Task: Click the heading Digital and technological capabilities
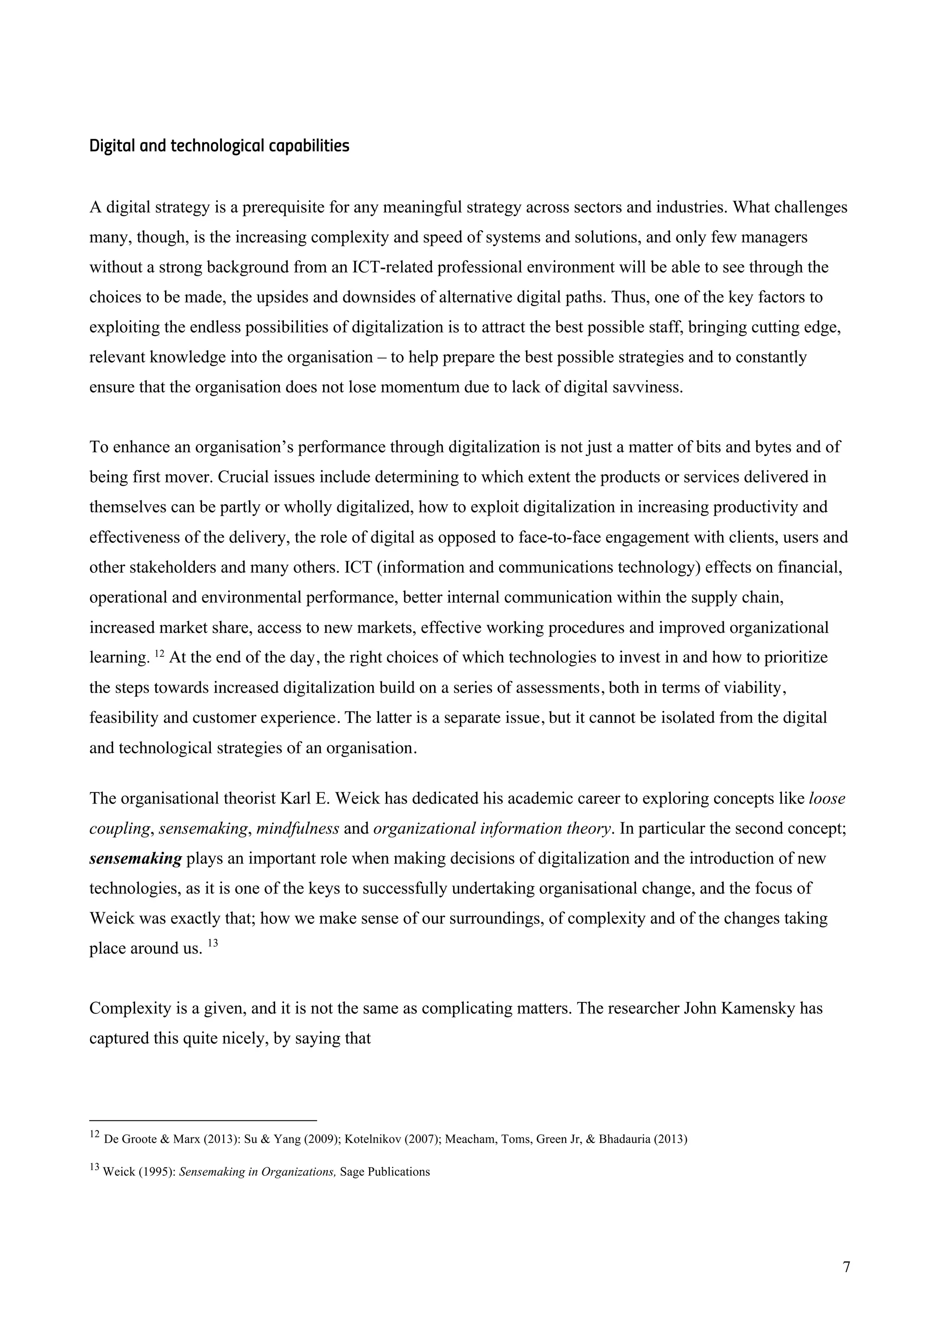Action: tap(219, 146)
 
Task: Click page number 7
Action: tap(846, 1268)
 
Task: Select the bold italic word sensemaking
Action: tap(136, 859)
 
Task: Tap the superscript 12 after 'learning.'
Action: tap(160, 654)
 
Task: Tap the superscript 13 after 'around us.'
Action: tap(213, 943)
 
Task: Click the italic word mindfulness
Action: tap(297, 828)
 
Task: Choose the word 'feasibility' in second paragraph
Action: tap(124, 718)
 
